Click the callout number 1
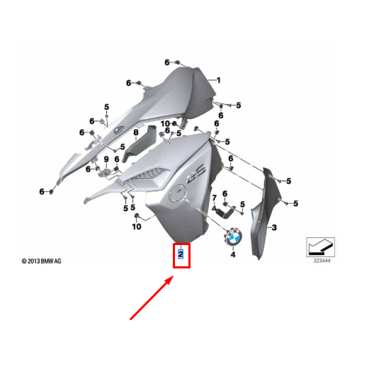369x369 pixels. point(219,80)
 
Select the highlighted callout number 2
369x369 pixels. point(181,254)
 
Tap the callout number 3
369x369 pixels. point(274,227)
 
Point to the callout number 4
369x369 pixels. point(233,254)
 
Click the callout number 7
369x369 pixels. point(214,198)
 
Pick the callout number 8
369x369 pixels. point(136,132)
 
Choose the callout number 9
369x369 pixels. point(106,159)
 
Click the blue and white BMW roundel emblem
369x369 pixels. point(233,237)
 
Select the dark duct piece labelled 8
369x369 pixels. point(140,144)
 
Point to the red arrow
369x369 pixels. point(152,297)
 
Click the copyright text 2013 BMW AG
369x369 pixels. point(41,261)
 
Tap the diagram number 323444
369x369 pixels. point(322,261)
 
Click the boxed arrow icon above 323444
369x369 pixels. point(321,247)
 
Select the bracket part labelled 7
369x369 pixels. point(223,212)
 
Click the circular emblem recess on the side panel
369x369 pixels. point(178,193)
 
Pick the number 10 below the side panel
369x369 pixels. point(137,227)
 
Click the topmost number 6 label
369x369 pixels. point(167,62)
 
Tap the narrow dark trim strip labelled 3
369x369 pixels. point(266,212)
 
